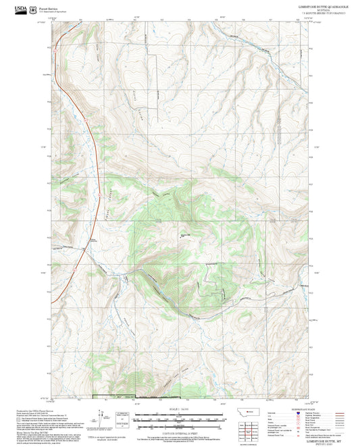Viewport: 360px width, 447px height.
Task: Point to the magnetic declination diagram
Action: pos(109,418)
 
